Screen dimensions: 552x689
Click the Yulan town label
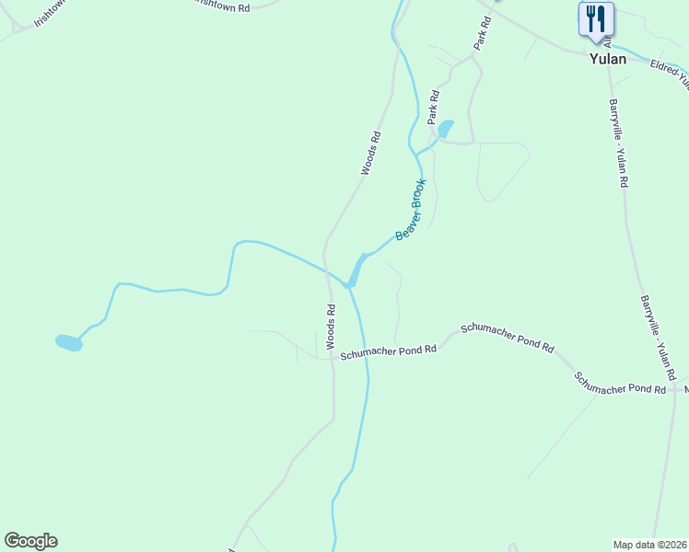click(608, 59)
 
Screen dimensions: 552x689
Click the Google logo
click(30, 541)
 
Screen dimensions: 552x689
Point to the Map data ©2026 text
click(649, 545)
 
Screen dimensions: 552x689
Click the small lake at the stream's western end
click(69, 343)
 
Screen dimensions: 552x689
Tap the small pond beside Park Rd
click(446, 128)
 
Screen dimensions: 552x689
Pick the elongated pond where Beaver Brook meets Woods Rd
click(355, 270)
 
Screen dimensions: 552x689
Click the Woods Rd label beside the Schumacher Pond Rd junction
click(330, 322)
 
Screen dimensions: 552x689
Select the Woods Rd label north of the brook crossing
click(370, 154)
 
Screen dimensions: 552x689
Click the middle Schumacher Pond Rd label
click(508, 338)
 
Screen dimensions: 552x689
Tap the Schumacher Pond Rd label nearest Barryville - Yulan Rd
click(620, 384)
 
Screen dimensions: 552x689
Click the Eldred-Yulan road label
click(670, 74)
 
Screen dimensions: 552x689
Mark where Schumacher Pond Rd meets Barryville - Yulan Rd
click(675, 390)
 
